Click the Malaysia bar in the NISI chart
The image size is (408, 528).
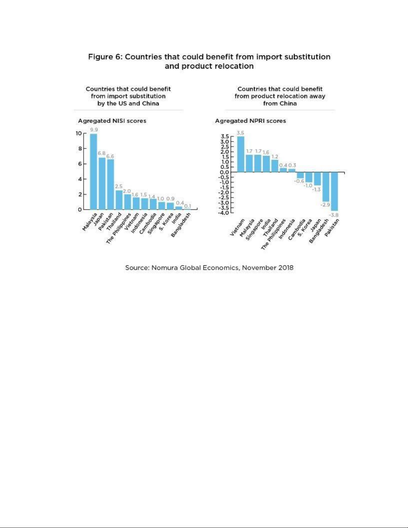tap(94, 172)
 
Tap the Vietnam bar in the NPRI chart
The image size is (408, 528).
tap(240, 154)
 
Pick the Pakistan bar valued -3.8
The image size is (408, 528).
tap(334, 191)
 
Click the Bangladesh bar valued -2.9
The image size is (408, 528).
tap(326, 187)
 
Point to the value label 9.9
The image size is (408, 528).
tap(94, 130)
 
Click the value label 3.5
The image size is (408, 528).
tap(240, 133)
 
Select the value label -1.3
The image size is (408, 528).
tap(316, 189)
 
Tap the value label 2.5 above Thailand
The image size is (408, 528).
tap(119, 187)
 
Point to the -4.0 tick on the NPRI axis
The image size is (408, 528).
tap(223, 213)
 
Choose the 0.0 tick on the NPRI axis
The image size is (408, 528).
tap(224, 172)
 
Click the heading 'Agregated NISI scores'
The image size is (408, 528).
tap(112, 121)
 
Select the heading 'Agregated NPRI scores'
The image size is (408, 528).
tap(250, 121)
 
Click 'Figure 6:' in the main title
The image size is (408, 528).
tap(105, 57)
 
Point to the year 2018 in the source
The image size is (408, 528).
tap(286, 268)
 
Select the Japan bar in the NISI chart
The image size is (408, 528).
tap(102, 184)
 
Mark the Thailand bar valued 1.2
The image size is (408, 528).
tap(275, 166)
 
